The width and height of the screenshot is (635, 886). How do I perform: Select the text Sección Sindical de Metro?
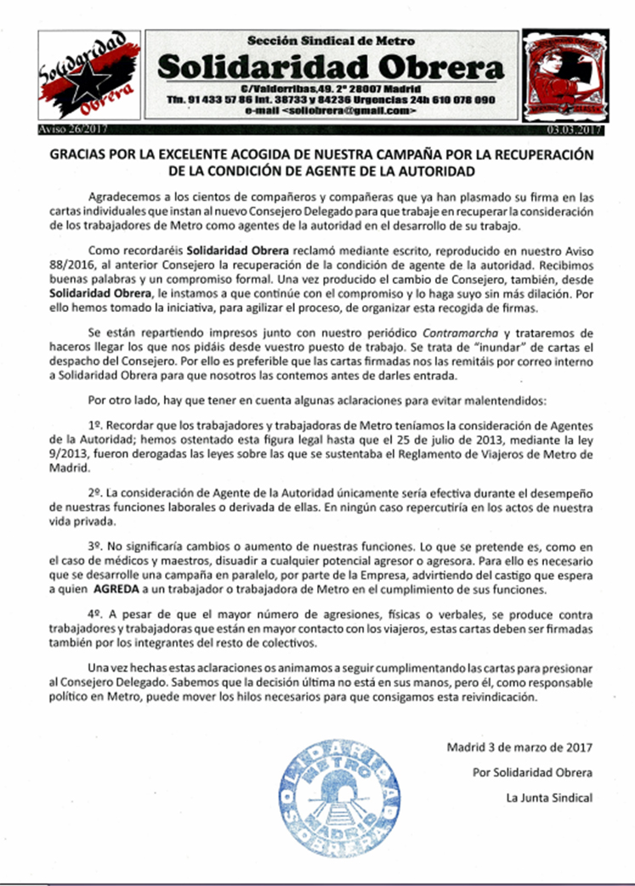click(331, 40)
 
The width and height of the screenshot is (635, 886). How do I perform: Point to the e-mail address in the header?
click(330, 111)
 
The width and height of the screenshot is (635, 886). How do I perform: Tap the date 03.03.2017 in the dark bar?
click(574, 130)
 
